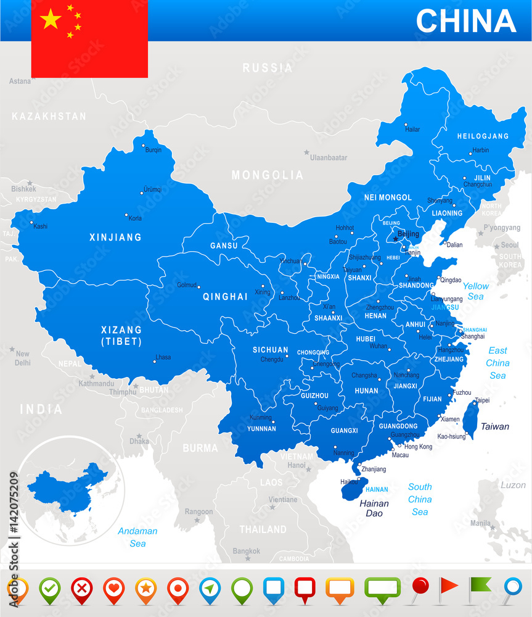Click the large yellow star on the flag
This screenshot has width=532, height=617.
click(x=51, y=19)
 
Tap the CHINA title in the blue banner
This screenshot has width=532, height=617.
click(x=465, y=21)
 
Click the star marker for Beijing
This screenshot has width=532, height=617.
click(x=395, y=239)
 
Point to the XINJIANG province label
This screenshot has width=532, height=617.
click(x=115, y=237)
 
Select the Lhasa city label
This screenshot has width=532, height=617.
click(x=163, y=357)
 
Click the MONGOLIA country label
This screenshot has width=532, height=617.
click(x=268, y=175)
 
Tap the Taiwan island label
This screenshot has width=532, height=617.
click(x=495, y=426)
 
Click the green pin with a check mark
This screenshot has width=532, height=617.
click(x=49, y=590)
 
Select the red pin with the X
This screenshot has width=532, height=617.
click(x=81, y=590)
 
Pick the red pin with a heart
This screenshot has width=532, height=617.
click(x=113, y=590)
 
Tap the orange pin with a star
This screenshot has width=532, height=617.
click(x=145, y=590)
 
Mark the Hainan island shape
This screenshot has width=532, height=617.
click(x=353, y=489)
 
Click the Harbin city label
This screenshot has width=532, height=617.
click(x=480, y=150)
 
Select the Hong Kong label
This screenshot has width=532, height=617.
click(x=418, y=446)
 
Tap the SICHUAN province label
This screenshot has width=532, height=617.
click(x=270, y=350)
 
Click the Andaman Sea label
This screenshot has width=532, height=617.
click(x=137, y=537)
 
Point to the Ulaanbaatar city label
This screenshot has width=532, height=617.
click(x=329, y=157)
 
